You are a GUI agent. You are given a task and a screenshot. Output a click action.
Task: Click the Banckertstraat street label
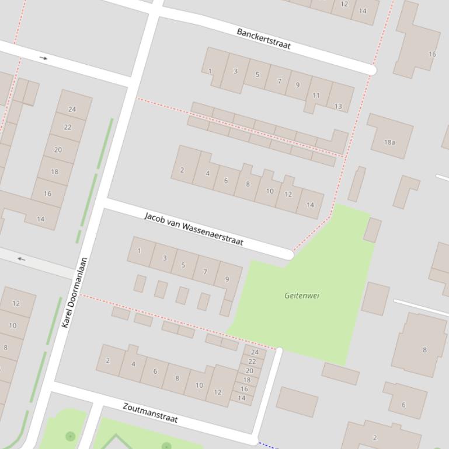tap(264, 38)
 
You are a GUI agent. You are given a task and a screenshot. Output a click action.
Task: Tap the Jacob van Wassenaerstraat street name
tap(193, 229)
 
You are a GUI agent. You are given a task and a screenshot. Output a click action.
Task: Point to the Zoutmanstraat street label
tap(150, 413)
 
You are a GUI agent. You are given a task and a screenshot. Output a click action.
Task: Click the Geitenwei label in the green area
tap(301, 296)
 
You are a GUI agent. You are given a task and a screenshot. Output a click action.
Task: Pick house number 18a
tap(389, 142)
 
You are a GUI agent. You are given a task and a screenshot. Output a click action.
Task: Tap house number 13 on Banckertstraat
tap(338, 106)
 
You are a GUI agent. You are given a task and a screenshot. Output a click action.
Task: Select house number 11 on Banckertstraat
tap(316, 95)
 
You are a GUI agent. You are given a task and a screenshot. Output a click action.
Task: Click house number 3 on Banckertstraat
tap(235, 71)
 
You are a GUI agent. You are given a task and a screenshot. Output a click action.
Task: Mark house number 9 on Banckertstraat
tap(297, 85)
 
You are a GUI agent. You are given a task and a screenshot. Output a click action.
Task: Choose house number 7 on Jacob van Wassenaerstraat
tap(205, 272)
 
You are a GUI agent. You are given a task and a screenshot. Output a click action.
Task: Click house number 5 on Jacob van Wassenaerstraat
tap(183, 265)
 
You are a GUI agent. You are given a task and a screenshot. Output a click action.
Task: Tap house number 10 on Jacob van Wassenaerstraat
tap(270, 191)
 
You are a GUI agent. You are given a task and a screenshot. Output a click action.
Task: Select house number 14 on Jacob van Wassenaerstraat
tap(310, 205)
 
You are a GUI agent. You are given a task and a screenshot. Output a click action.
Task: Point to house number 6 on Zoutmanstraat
tap(155, 371)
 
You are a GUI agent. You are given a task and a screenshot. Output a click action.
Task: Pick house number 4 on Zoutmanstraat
tap(133, 364)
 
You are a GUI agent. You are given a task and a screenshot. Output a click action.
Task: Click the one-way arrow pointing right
tap(43, 58)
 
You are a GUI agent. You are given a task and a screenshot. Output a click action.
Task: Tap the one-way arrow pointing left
tap(22, 259)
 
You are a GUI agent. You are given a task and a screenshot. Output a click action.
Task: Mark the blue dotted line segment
tap(267, 446)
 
